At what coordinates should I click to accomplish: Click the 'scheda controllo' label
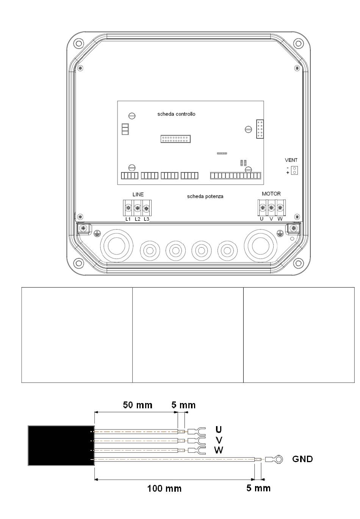[176, 114]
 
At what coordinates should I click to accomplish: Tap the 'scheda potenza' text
[205, 196]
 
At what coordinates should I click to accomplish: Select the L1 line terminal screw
[128, 208]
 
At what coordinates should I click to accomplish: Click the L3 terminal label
[146, 219]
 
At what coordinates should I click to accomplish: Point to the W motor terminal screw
[280, 207]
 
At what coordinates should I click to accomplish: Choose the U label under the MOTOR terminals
[261, 219]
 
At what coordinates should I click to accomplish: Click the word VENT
[291, 160]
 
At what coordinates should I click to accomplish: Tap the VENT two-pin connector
[294, 170]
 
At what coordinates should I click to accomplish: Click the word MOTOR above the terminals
[271, 193]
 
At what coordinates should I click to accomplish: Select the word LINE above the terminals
[138, 194]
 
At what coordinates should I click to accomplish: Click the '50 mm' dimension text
[138, 405]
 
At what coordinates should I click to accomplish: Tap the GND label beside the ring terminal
[302, 459]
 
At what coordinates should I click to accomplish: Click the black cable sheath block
[61, 445]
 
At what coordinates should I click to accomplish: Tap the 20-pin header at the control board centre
[175, 139]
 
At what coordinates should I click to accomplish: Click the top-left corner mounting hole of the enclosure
[78, 43]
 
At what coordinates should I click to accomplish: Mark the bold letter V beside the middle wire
[219, 440]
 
